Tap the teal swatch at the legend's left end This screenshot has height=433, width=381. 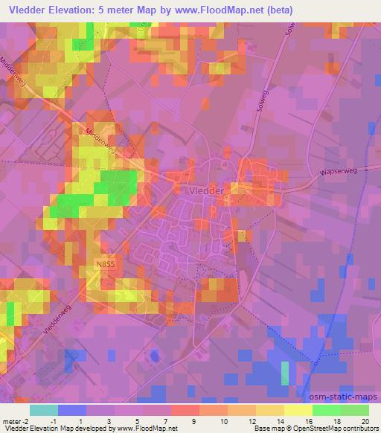(x=44, y=410)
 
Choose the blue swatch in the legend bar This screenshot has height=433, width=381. (x=72, y=410)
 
